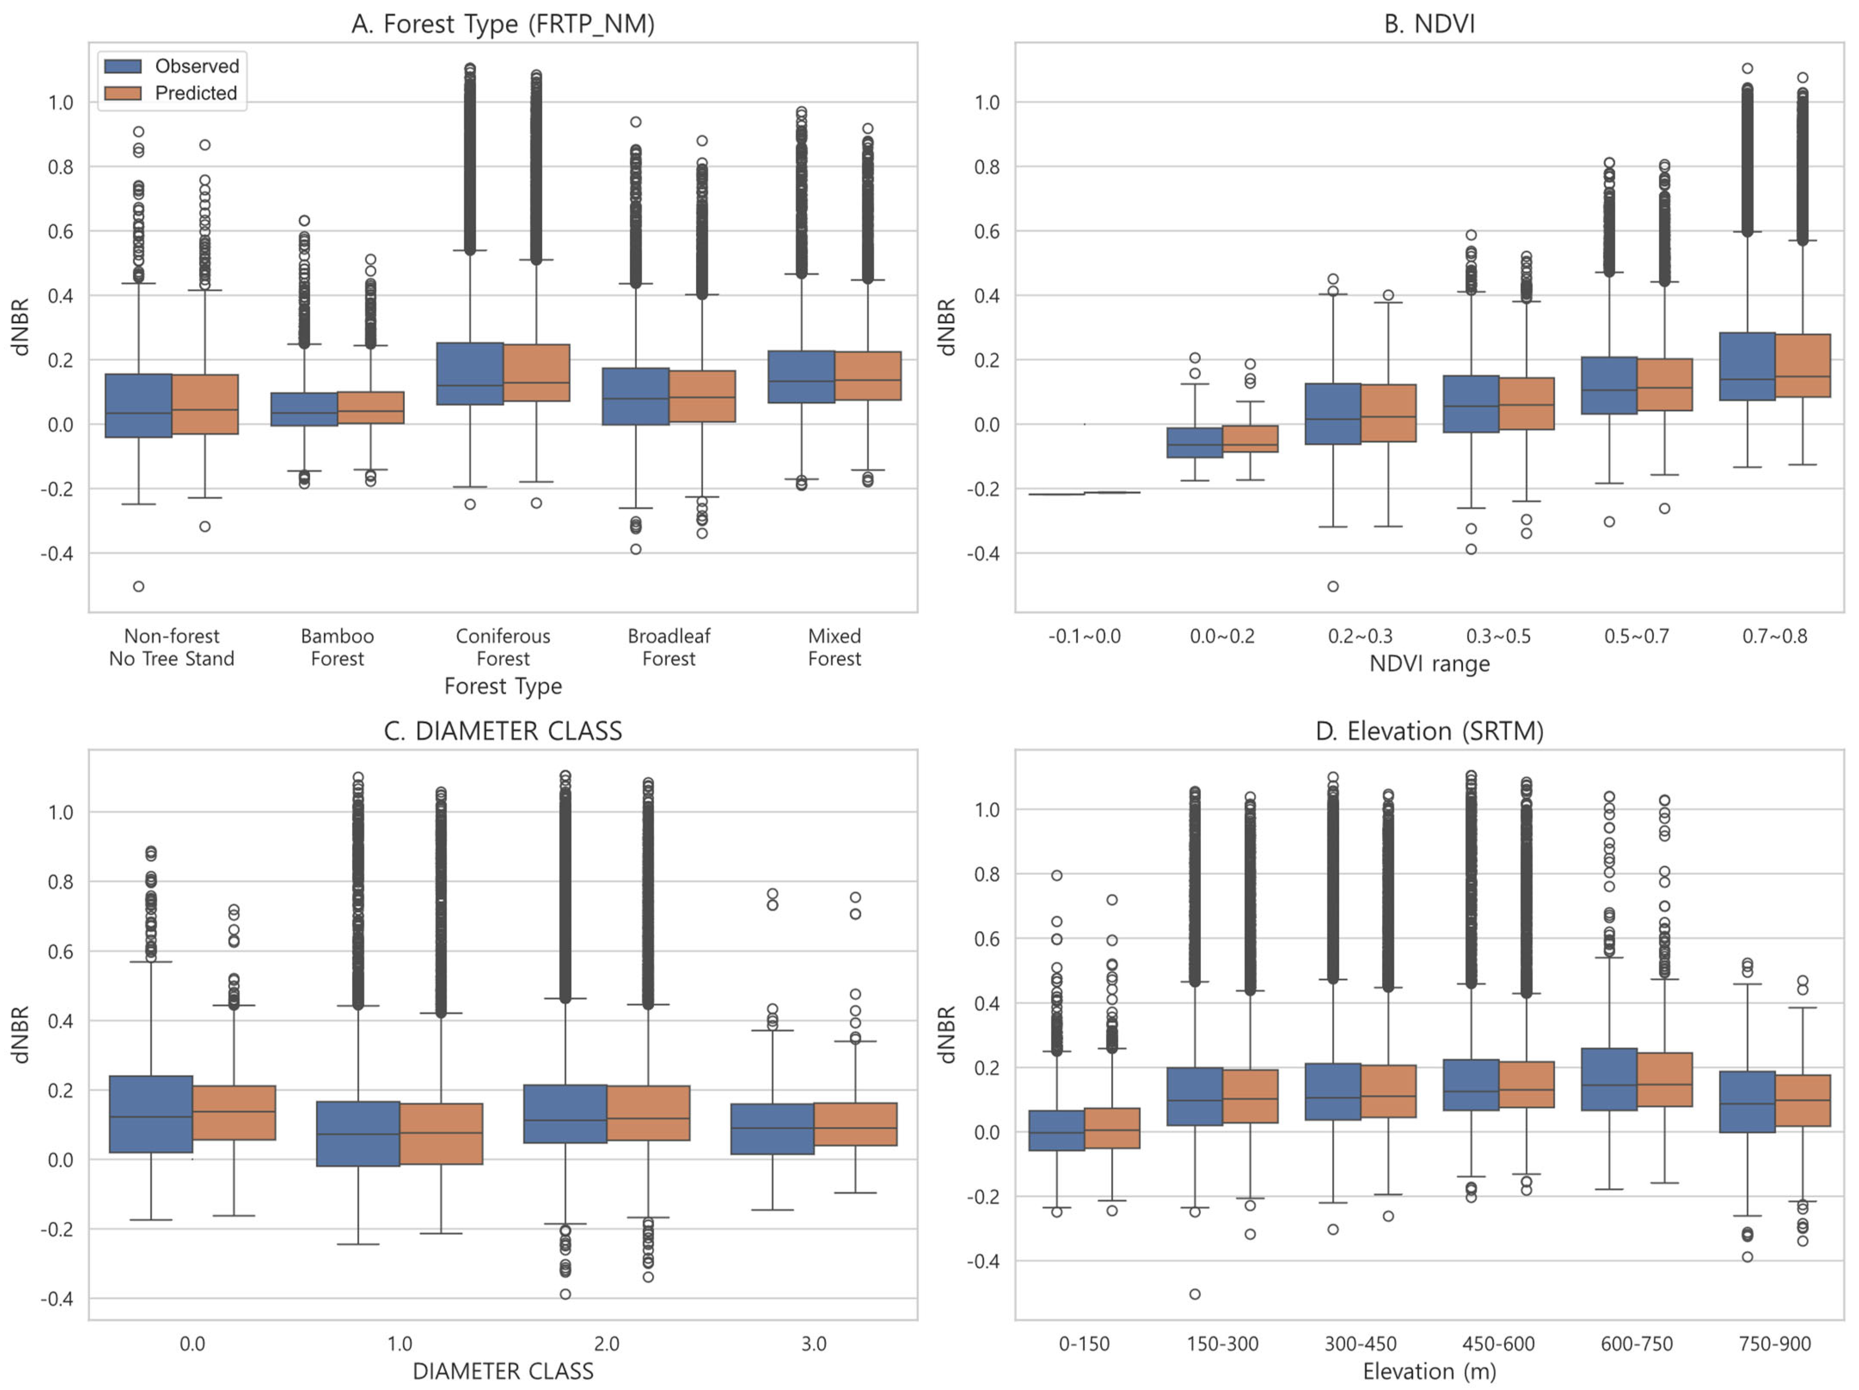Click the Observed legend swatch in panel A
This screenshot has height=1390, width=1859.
click(x=122, y=66)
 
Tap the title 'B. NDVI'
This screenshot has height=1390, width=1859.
click(x=1429, y=24)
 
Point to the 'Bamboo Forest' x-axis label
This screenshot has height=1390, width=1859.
click(x=337, y=647)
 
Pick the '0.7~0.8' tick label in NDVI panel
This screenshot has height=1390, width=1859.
click(x=1774, y=636)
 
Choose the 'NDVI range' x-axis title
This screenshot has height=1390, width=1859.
click(x=1429, y=664)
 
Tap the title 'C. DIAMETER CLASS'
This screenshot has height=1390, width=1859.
click(x=502, y=731)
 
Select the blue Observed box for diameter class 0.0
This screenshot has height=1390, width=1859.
click(x=151, y=1114)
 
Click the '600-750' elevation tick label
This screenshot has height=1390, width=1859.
click(x=1636, y=1344)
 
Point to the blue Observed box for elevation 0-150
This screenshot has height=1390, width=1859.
click(x=1056, y=1130)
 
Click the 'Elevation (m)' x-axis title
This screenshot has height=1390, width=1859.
click(x=1429, y=1372)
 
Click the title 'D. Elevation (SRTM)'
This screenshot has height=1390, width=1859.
click(x=1429, y=731)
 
